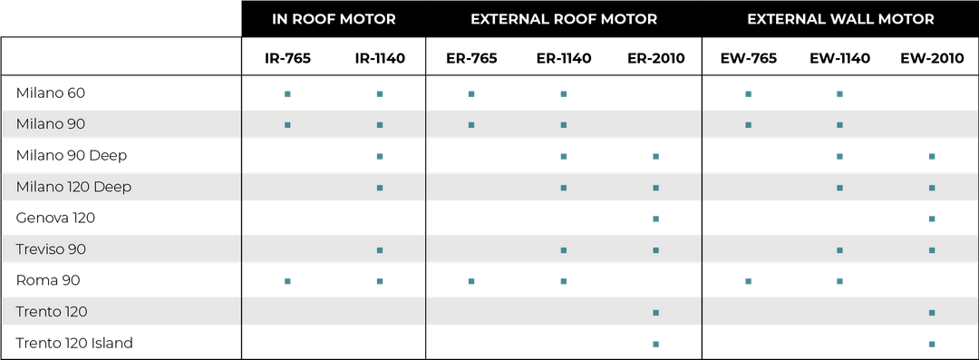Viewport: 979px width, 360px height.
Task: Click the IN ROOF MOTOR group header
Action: pyautogui.click(x=334, y=19)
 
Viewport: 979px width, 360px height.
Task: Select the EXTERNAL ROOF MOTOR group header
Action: pyautogui.click(x=564, y=19)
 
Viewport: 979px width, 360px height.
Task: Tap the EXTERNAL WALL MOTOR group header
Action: pyautogui.click(x=840, y=19)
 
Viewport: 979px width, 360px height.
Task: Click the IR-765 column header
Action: pyautogui.click(x=287, y=59)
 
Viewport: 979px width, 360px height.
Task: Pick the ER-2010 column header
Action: pyautogui.click(x=655, y=59)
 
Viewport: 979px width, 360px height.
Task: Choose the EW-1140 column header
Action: pyautogui.click(x=840, y=59)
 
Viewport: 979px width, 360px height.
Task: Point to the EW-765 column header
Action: pyautogui.click(x=748, y=59)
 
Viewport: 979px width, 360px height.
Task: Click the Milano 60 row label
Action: pyautogui.click(x=51, y=93)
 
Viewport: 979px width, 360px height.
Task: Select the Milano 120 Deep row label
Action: pyautogui.click(x=73, y=187)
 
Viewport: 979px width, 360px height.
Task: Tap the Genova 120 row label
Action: pyautogui.click(x=56, y=219)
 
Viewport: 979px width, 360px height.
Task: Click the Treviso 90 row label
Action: pyautogui.click(x=51, y=249)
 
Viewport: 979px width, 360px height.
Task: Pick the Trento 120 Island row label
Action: pyautogui.click(x=75, y=343)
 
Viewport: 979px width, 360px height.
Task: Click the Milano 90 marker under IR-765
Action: pyautogui.click(x=287, y=124)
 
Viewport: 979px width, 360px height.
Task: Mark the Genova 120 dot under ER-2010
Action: pyautogui.click(x=655, y=219)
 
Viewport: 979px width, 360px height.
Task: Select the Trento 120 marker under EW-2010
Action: pyautogui.click(x=932, y=312)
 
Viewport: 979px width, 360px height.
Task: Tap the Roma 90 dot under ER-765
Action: pyautogui.click(x=471, y=281)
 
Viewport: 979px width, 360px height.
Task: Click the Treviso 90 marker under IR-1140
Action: pyautogui.click(x=380, y=249)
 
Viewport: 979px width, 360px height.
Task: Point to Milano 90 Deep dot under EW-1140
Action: pyautogui.click(x=840, y=156)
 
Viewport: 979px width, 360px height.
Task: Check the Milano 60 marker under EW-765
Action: pyautogui.click(x=748, y=93)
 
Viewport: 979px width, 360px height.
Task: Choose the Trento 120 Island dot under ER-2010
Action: pyautogui.click(x=655, y=343)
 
